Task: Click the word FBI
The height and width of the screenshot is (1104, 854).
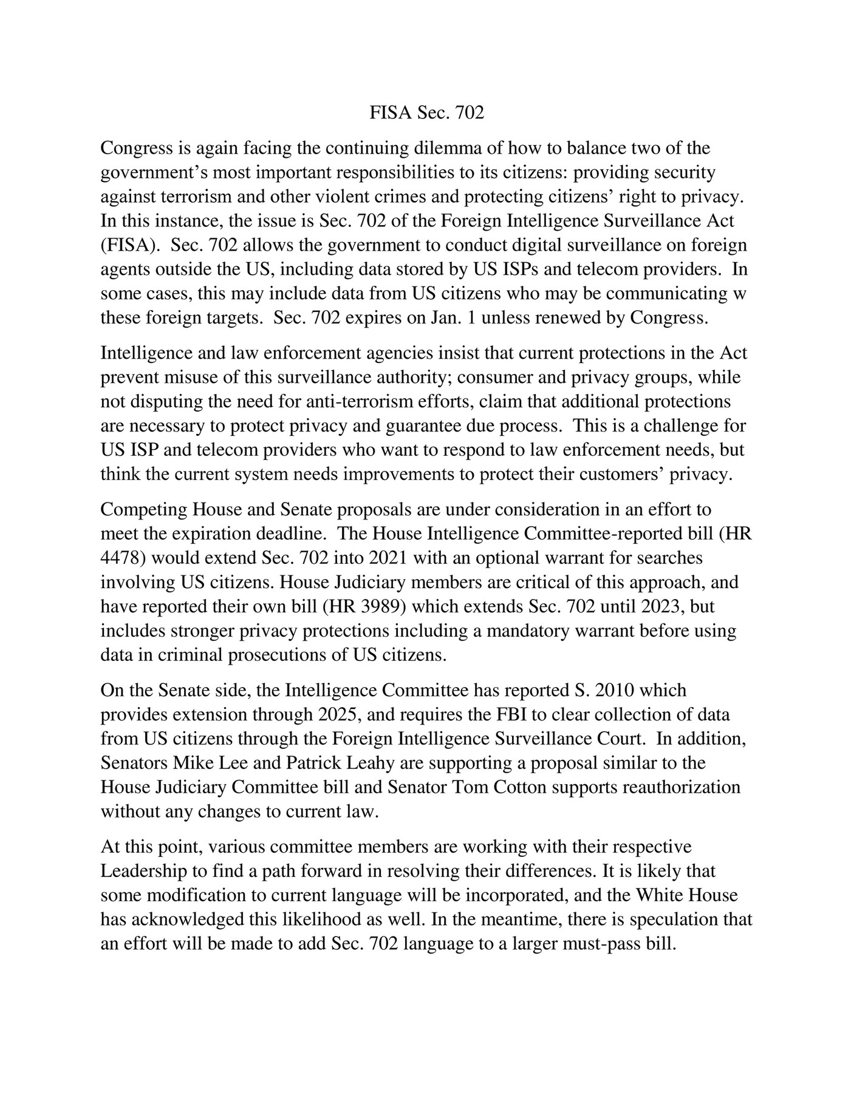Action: point(513,714)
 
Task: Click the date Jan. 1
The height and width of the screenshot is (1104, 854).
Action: point(453,318)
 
